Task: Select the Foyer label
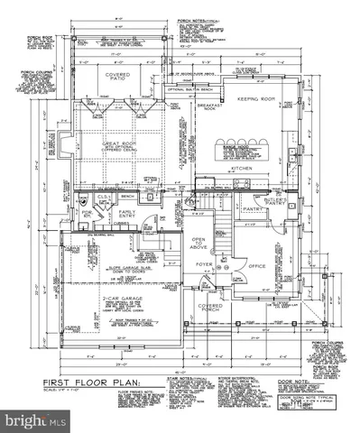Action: [x=204, y=265]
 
